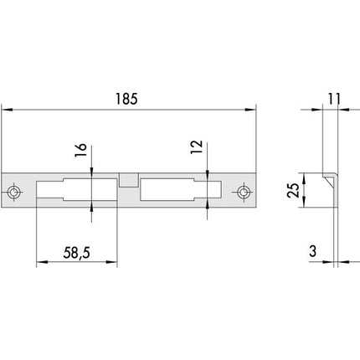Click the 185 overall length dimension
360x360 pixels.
(126, 99)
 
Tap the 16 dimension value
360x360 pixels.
(81, 150)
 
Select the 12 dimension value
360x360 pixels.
(197, 147)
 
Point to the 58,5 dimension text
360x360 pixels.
(77, 253)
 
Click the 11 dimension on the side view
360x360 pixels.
(334, 99)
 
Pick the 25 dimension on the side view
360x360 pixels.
(293, 190)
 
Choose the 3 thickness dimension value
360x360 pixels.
(313, 251)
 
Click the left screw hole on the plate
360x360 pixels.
(13, 192)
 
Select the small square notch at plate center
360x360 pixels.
(129, 180)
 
